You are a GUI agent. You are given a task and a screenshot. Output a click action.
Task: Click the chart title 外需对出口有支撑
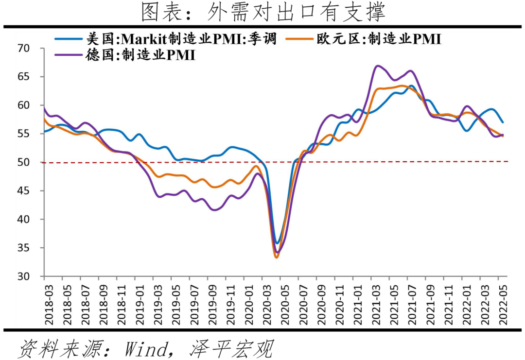(263, 12)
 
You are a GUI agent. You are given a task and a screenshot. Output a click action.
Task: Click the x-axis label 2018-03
(44, 303)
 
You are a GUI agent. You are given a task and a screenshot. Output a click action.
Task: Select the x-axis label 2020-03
(262, 303)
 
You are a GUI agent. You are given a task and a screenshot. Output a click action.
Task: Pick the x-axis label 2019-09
(208, 303)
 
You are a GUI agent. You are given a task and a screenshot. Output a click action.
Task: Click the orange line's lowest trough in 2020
(276, 257)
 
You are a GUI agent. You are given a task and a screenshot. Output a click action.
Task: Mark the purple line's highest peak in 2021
(377, 66)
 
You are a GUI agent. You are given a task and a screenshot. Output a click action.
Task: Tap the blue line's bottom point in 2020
(277, 243)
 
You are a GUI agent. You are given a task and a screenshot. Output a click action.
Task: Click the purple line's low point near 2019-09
(214, 210)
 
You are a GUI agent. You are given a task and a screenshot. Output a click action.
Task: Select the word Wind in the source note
(146, 348)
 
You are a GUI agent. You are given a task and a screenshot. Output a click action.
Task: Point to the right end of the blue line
(503, 122)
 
